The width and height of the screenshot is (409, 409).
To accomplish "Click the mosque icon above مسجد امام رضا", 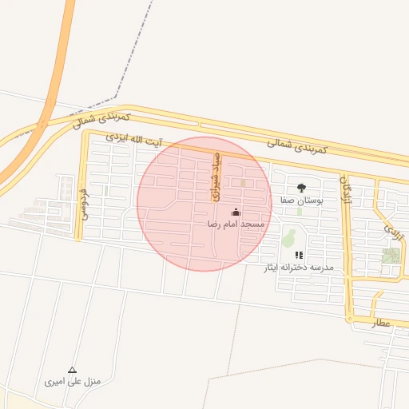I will (236, 212).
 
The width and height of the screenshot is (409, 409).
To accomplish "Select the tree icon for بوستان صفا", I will (301, 188).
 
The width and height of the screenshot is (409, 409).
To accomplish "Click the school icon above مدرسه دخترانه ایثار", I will (299, 255).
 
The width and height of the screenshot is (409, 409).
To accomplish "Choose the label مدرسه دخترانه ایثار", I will (299, 267).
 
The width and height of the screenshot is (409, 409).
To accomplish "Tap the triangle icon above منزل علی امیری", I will (73, 370).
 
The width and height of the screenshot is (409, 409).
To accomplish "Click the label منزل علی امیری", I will (73, 382).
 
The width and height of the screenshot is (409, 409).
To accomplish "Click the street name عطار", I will (379, 323).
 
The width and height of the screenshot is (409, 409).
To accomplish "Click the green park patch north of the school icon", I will (288, 237).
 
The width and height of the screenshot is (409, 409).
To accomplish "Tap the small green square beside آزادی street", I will (391, 256).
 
